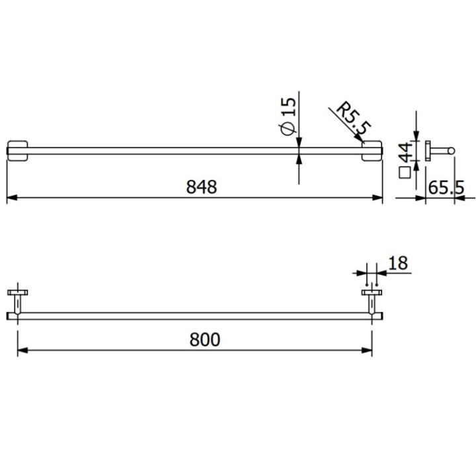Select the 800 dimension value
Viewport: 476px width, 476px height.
(x=206, y=340)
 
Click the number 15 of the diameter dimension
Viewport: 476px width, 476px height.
(x=288, y=106)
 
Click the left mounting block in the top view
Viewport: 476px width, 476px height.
(x=17, y=150)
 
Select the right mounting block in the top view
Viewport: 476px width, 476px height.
(x=373, y=150)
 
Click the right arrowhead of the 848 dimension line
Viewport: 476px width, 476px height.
(x=379, y=197)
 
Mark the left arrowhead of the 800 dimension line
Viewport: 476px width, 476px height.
(x=21, y=351)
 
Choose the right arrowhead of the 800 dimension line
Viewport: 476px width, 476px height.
(x=368, y=351)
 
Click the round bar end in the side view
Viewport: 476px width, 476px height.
(x=452, y=151)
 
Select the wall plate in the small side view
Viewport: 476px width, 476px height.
(x=427, y=151)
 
